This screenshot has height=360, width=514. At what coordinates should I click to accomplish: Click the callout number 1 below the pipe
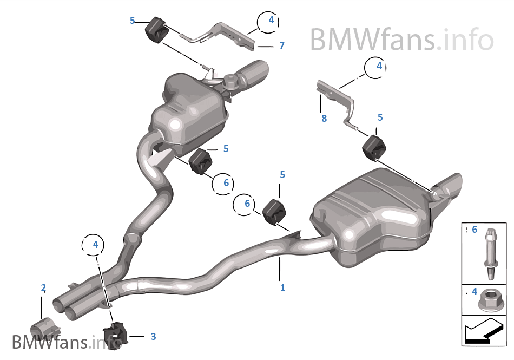pos(282,288)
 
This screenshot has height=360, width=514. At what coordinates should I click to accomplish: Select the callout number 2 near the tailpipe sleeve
pos(43,288)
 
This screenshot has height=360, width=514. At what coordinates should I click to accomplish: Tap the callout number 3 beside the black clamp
pos(153,337)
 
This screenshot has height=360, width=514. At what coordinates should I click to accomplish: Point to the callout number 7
pos(281,45)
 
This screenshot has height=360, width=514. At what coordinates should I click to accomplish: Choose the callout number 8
pos(324,119)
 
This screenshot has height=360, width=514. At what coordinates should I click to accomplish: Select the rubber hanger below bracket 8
pos(372,148)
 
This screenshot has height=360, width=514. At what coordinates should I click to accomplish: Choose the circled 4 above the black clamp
pos(95,245)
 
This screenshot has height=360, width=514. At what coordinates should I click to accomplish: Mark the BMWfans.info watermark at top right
pos(401,40)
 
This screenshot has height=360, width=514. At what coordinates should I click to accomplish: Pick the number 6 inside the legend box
pos(475,230)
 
